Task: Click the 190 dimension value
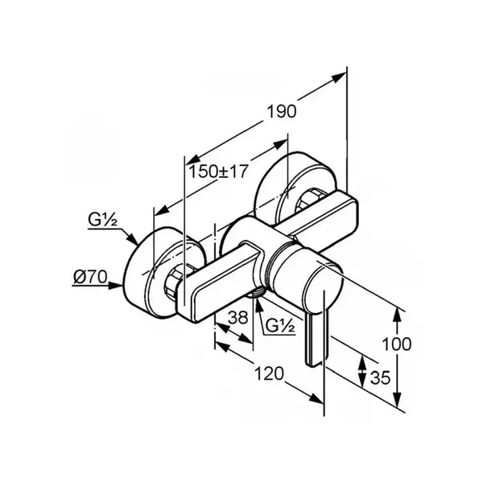pos(281,111)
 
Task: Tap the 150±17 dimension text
pos(218,171)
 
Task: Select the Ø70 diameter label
pos(90,277)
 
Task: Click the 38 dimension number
pos(237,317)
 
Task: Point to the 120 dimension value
pos(269,374)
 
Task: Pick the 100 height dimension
pos(396,344)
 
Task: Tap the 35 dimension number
pos(380,377)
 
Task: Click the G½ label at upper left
pos(102,220)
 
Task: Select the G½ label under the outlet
pos(279,325)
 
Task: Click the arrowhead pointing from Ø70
pos(116,286)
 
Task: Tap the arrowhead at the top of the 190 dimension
pos(339,76)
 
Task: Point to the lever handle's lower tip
pos(312,364)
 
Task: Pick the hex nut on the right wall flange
pos(308,200)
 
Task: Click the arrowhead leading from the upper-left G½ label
pos(133,240)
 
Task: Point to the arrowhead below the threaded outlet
pos(258,304)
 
